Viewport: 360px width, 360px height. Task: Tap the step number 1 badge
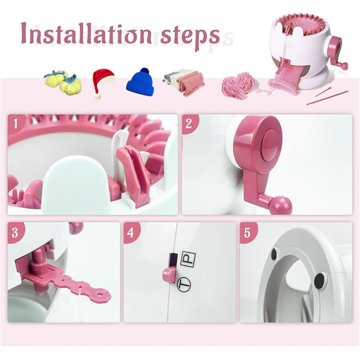16,123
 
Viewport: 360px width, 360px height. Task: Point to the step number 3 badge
16,232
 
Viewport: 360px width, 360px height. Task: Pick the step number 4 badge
132,232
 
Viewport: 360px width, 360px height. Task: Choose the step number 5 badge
247,232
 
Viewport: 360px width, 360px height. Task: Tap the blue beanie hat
140,82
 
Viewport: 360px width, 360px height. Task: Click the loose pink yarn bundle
238,85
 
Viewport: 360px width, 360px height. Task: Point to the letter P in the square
189,259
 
